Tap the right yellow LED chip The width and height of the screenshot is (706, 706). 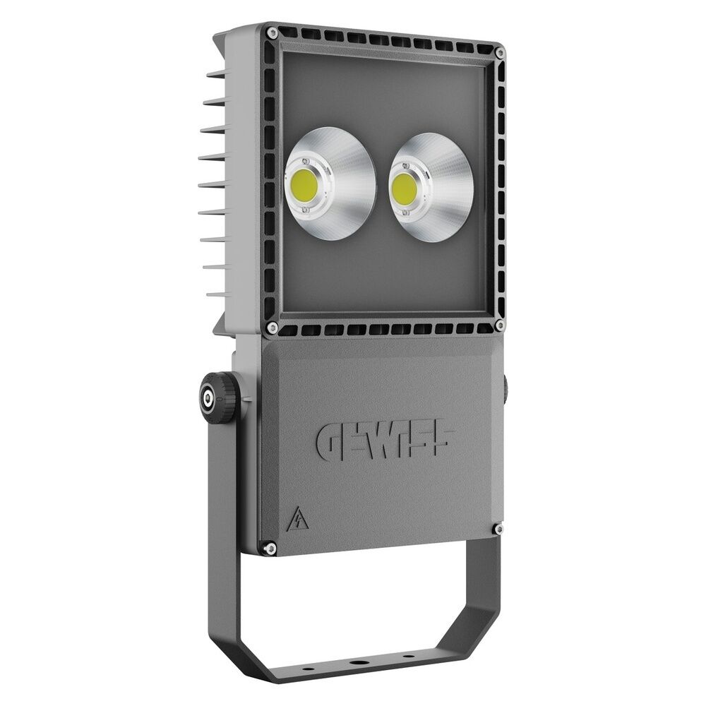coord(404,186)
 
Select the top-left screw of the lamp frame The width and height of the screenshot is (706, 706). coord(271,31)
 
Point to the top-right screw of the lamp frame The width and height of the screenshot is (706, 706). coord(501,52)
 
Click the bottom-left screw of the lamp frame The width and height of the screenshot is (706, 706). coord(271,328)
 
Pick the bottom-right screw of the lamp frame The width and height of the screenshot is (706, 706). coord(499,325)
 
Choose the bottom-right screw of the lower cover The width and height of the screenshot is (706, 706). coord(498,528)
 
